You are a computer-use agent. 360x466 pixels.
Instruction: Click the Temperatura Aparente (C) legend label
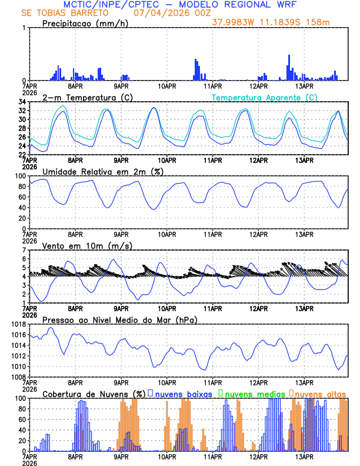[x=265, y=97]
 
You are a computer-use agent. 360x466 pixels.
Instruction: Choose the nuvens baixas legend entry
[x=179, y=393]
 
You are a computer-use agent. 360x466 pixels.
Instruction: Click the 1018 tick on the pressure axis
[x=18, y=324]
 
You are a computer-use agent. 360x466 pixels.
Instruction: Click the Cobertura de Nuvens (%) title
[x=93, y=393]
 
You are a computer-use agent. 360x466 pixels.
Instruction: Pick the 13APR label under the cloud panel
[x=304, y=457]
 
